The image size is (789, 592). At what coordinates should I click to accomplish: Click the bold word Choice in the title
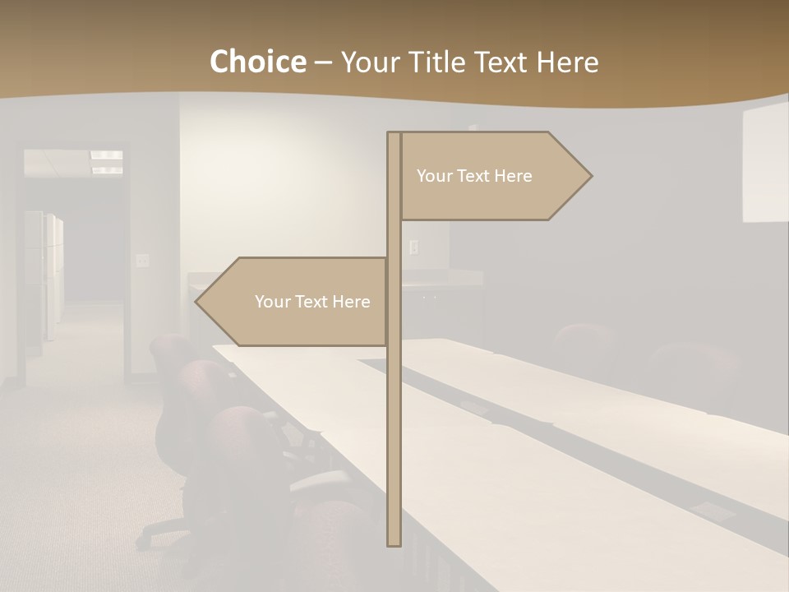pos(257,62)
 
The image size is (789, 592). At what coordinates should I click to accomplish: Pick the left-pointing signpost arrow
pos(296,302)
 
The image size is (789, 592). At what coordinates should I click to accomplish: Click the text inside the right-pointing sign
pos(474,176)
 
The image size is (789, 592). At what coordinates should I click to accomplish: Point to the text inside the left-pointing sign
pos(312,302)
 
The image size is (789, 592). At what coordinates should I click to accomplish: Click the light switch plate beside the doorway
pos(142,260)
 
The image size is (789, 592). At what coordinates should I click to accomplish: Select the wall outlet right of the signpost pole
pos(413,246)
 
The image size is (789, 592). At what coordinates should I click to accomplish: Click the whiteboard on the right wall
pos(765,164)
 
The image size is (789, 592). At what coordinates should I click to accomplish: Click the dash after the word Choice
pos(323,62)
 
